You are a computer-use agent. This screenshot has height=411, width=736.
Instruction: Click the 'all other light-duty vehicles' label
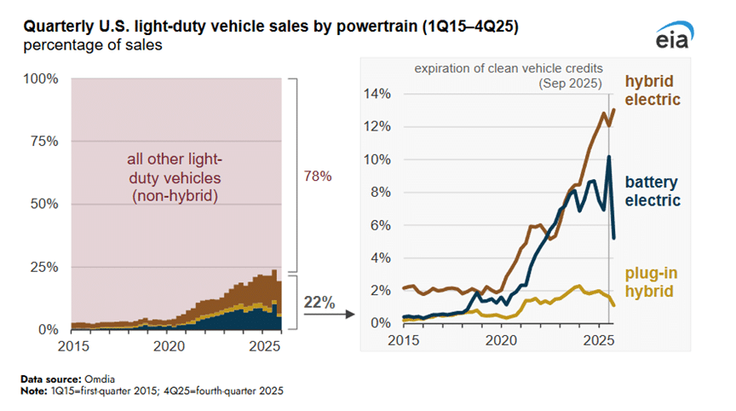tap(177, 179)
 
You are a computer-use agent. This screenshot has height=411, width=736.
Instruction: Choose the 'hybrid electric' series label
tap(653, 90)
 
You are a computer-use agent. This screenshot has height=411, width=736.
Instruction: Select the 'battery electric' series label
tap(653, 191)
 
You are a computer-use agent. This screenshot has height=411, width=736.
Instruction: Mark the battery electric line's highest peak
tap(608, 157)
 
